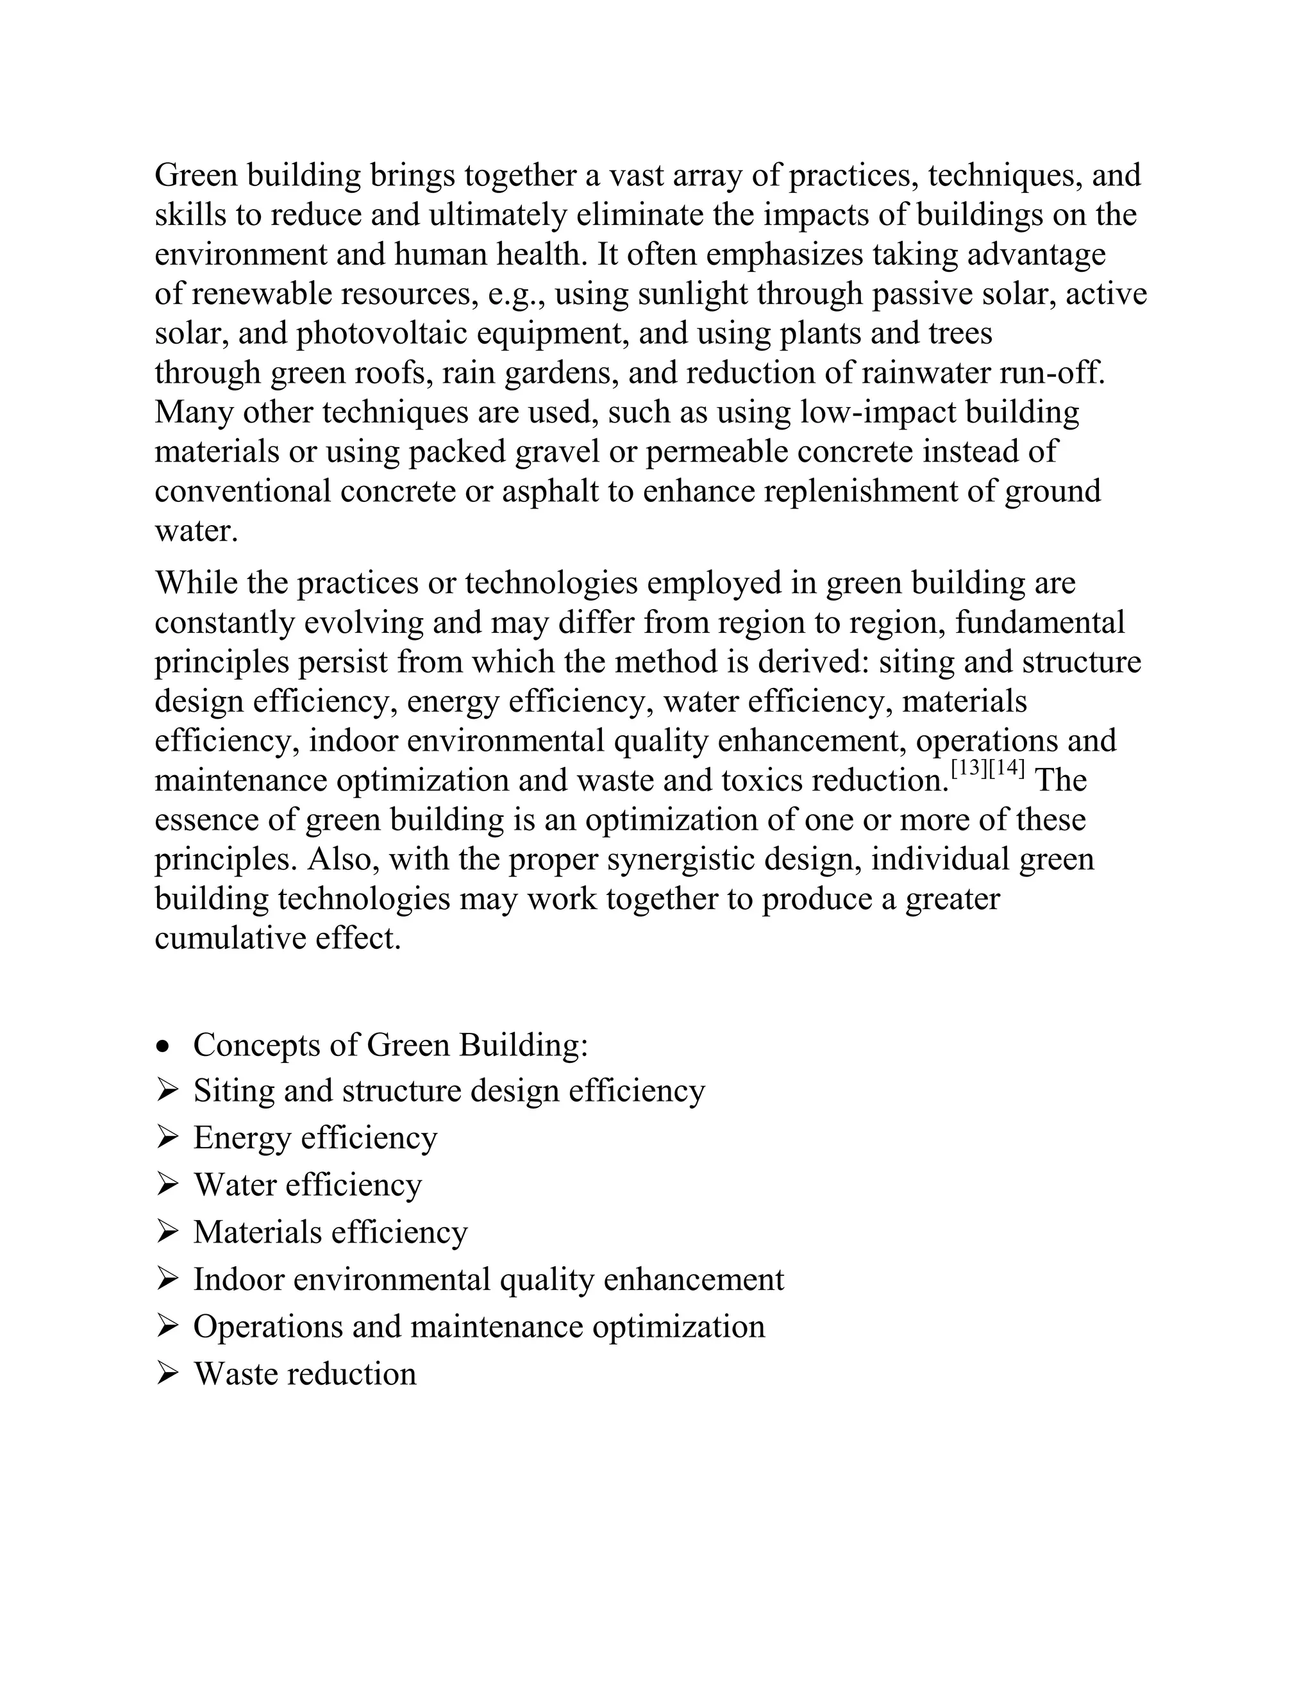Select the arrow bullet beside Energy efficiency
click(167, 1138)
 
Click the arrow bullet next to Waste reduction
click(167, 1375)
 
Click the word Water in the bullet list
click(235, 1185)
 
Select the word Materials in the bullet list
click(258, 1233)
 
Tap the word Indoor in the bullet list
click(238, 1280)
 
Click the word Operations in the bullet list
click(267, 1327)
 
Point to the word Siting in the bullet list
click(233, 1091)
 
